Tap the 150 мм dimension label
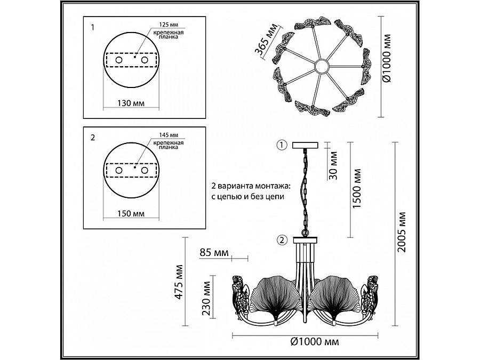(x=131, y=213)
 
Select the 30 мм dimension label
(x=333, y=166)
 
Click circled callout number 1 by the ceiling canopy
(x=282, y=145)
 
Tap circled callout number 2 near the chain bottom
(x=282, y=239)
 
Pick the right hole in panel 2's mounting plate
(x=144, y=170)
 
